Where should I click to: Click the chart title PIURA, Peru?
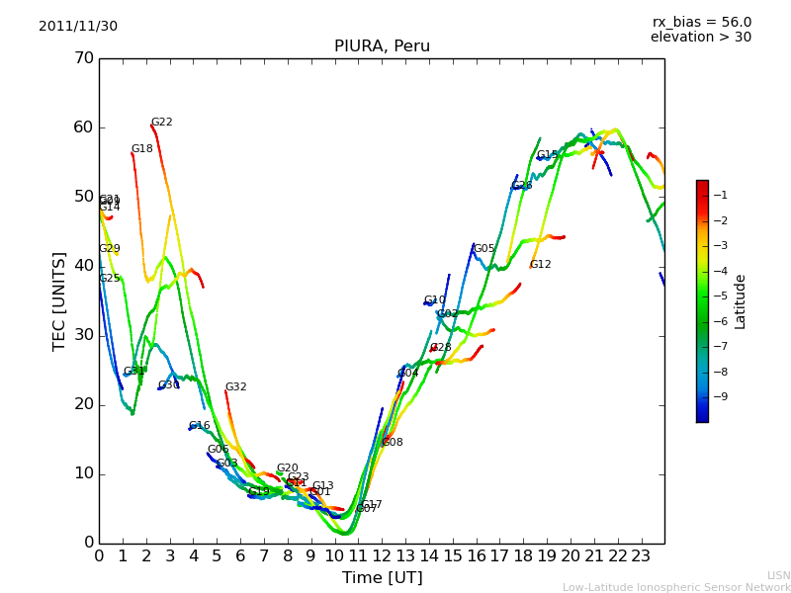[382, 46]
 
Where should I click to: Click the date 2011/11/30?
[78, 27]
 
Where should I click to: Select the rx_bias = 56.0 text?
[701, 23]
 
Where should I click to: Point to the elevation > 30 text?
[700, 38]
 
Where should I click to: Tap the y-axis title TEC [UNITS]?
[59, 300]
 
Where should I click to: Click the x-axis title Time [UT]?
[382, 578]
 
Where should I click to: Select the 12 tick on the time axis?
[382, 556]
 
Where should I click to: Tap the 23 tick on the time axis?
[641, 556]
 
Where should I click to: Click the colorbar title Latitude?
[740, 301]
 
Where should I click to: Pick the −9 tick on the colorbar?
[722, 396]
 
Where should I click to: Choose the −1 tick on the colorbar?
[722, 195]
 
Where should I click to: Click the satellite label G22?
[162, 123]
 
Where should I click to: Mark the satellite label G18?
[142, 149]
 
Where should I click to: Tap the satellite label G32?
[236, 387]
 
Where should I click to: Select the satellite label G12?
[541, 265]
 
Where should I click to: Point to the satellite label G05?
[484, 249]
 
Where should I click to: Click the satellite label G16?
[200, 426]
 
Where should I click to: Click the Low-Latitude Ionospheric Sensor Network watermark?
[676, 588]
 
